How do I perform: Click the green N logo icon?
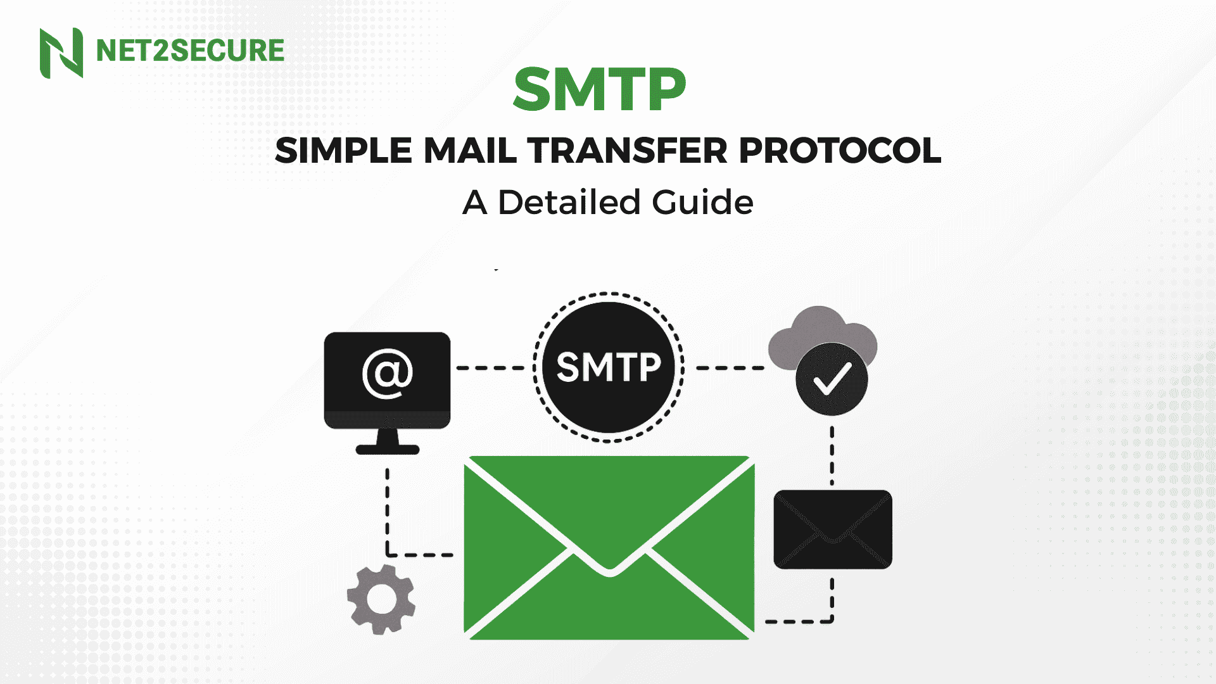(x=61, y=53)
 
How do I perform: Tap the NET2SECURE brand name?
(x=190, y=51)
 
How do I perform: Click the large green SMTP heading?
(x=599, y=89)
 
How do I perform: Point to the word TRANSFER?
(x=628, y=151)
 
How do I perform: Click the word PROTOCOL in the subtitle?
(x=840, y=151)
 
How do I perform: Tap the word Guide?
(x=702, y=203)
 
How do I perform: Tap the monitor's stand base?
(x=388, y=450)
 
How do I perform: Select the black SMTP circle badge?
(x=609, y=367)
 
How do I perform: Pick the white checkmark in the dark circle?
(x=832, y=379)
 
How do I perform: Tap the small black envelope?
(x=833, y=529)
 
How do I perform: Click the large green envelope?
(x=609, y=548)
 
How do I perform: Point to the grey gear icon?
(x=381, y=599)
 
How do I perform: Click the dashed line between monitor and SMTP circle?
(x=491, y=367)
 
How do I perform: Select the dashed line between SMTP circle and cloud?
(x=730, y=367)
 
